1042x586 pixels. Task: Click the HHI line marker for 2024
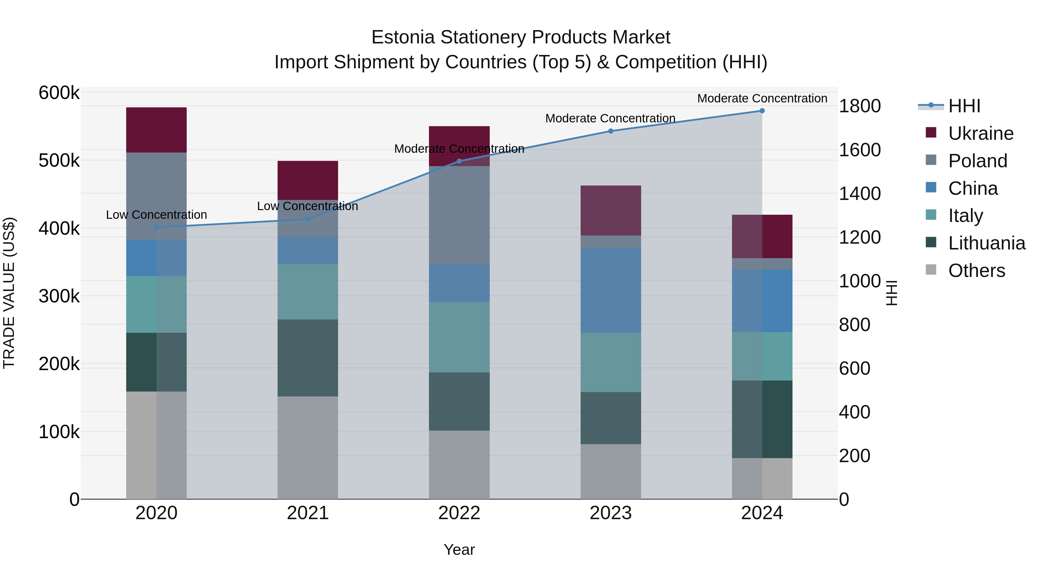click(x=762, y=111)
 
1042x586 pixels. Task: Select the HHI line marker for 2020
click(x=157, y=227)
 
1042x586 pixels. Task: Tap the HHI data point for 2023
click(x=611, y=131)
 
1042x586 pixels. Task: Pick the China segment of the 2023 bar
click(x=611, y=290)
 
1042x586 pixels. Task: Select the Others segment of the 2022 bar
click(x=459, y=465)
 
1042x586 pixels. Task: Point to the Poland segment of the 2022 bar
click(x=459, y=215)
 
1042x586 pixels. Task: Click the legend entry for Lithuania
click(x=986, y=243)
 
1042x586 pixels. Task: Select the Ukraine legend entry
click(x=981, y=133)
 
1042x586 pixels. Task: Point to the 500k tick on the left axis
click(x=59, y=161)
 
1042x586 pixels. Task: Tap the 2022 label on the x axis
click(x=459, y=513)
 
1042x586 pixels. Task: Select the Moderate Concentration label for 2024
click(x=762, y=98)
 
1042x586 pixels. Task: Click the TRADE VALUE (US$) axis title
click(x=9, y=293)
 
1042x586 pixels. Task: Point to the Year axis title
click(x=459, y=550)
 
